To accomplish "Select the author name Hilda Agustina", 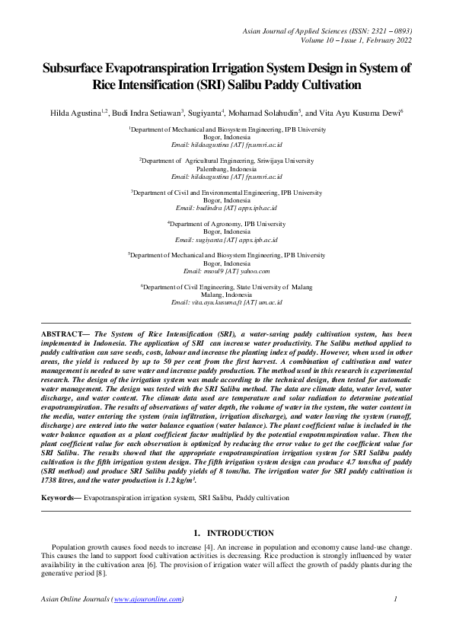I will pyautogui.click(x=77, y=113).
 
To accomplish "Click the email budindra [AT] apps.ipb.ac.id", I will pyautogui.click(x=226, y=208).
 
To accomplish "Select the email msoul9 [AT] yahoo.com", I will pyautogui.click(x=226, y=271).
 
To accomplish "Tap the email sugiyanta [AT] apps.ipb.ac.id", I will pyautogui.click(x=226, y=239).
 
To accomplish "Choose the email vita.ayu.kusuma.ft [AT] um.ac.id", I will pyautogui.click(x=226, y=302).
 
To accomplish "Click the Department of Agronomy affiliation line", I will pyautogui.click(x=226, y=224).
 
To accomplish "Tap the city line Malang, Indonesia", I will pyautogui.click(x=226, y=295).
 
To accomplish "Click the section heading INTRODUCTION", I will pyautogui.click(x=241, y=534).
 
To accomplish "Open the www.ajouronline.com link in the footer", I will pyautogui.click(x=148, y=599).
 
